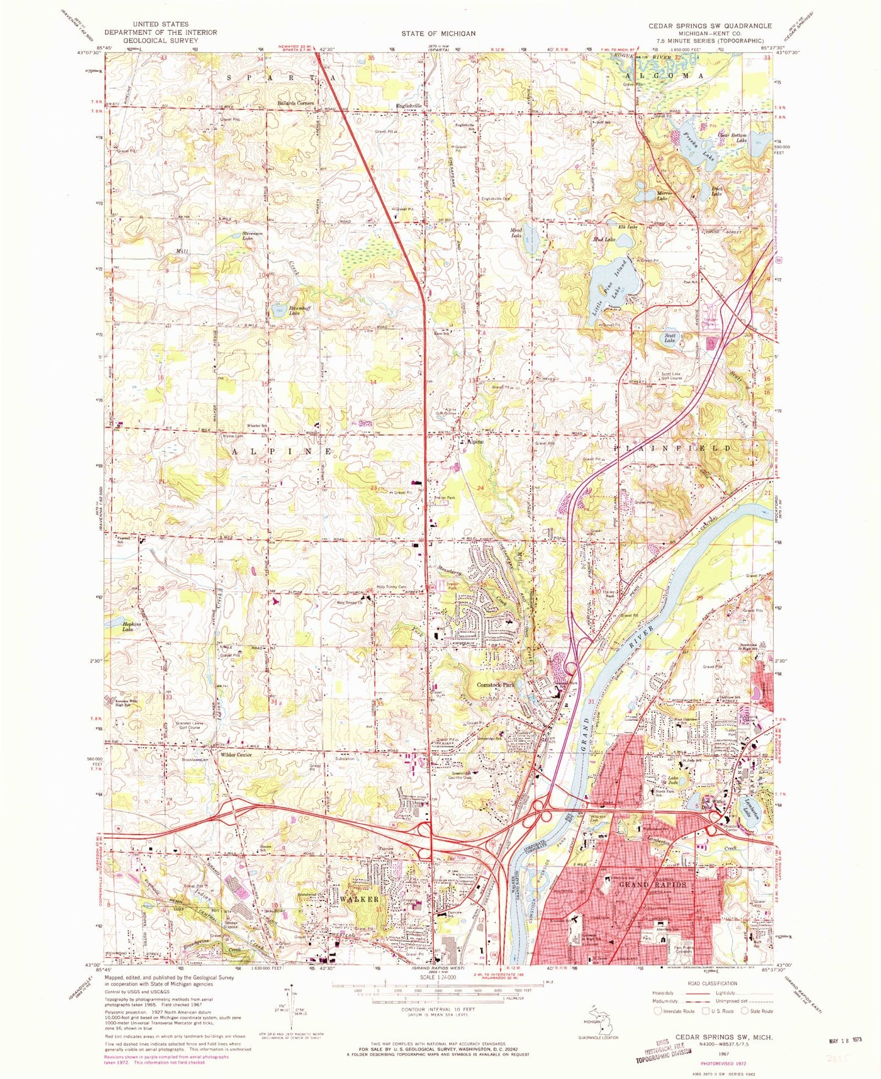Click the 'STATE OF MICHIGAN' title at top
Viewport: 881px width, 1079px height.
tap(438, 33)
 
